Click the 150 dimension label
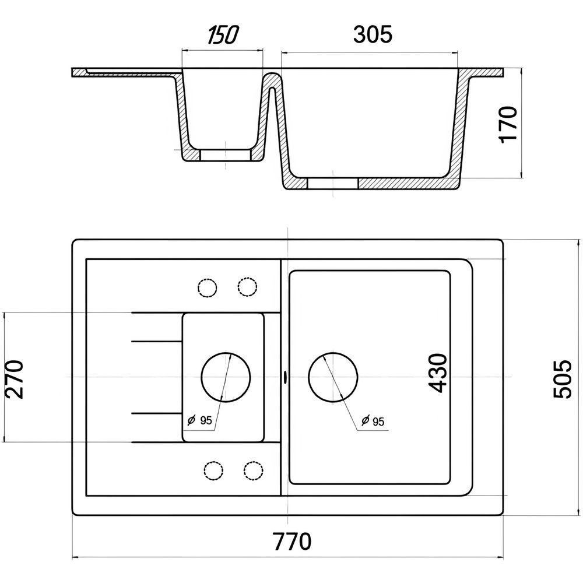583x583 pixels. click(x=223, y=34)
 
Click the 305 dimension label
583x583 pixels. click(x=373, y=34)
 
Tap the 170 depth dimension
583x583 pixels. click(x=508, y=124)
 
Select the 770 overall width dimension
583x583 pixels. click(x=292, y=542)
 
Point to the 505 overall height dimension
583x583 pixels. click(x=562, y=379)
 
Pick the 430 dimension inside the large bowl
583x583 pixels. click(x=438, y=373)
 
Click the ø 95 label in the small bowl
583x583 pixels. click(x=199, y=420)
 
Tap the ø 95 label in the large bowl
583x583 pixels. click(x=373, y=421)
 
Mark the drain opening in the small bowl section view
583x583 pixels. click(x=226, y=155)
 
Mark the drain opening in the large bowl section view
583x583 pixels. click(x=332, y=183)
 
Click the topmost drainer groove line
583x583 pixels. click(x=156, y=313)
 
